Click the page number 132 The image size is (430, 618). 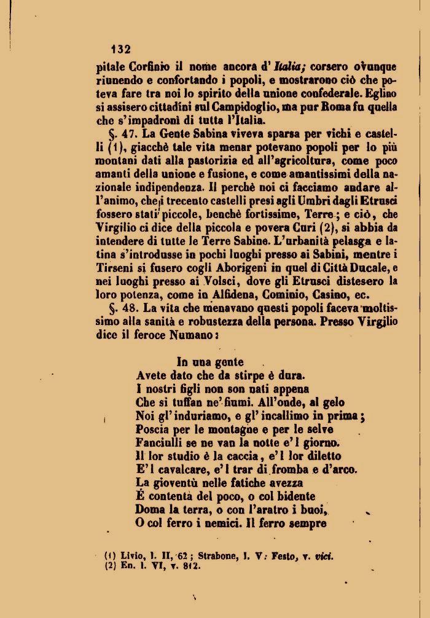[120, 49]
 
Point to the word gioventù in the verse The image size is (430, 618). [178, 483]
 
